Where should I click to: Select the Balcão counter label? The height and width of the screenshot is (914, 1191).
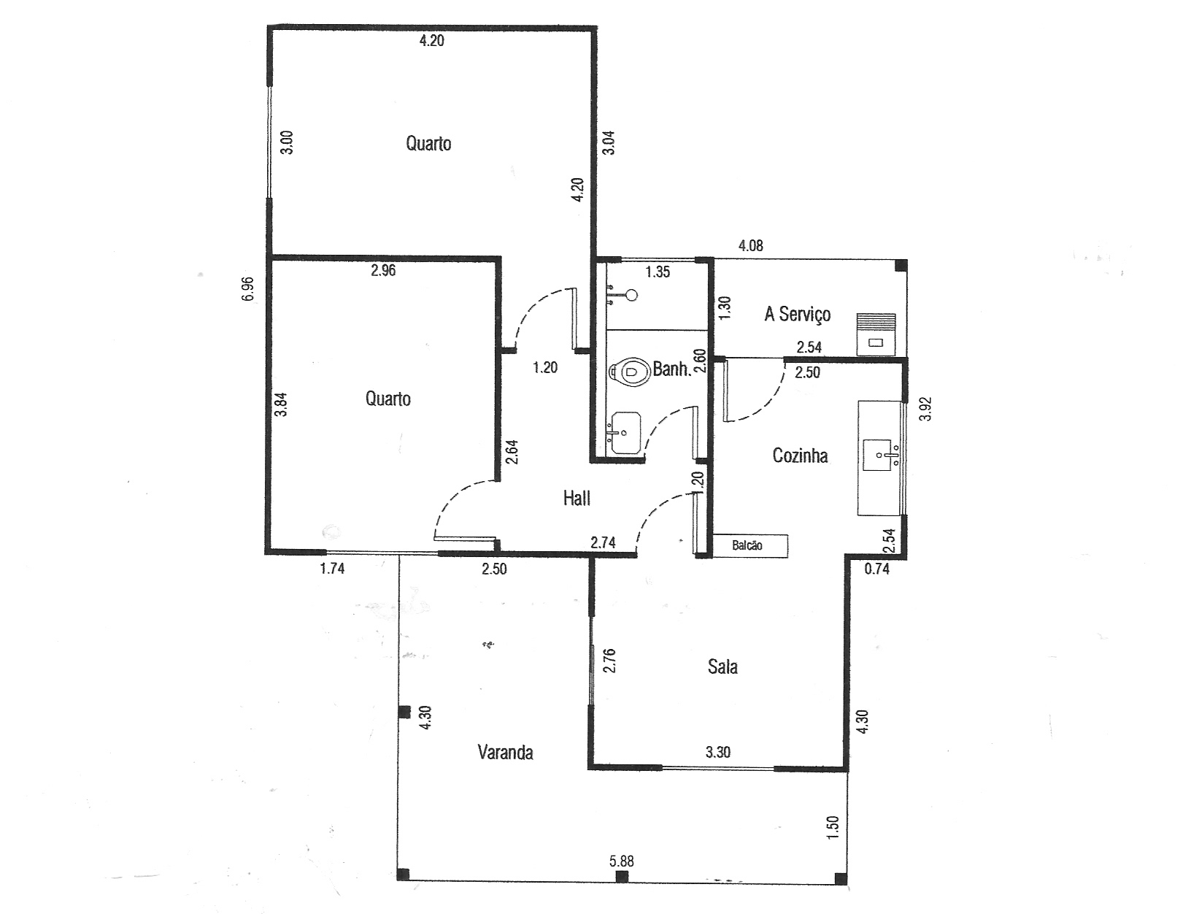pos(747,545)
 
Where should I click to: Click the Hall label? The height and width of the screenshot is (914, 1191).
pos(577,499)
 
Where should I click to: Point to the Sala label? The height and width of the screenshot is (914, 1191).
pos(722,667)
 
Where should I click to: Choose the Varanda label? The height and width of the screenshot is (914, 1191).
pos(505,752)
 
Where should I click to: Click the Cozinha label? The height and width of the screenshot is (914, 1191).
pos(800,455)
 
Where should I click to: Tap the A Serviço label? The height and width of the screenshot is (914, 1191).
pos(798,314)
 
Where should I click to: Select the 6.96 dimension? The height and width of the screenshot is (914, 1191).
pos(248,288)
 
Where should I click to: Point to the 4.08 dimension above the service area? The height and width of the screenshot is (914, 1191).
pos(750,245)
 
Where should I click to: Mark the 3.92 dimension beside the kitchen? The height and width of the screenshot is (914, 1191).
pos(925,409)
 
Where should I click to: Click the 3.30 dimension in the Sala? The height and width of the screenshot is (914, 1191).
pos(718,752)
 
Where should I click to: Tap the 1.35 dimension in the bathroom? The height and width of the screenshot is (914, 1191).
pos(658,272)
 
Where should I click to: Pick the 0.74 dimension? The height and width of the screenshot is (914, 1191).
pos(877,569)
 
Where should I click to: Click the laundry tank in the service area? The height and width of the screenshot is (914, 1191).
pos(876,334)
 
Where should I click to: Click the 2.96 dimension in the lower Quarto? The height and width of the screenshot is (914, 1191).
pos(383,270)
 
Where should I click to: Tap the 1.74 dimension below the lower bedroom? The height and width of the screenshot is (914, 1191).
pos(332,569)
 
